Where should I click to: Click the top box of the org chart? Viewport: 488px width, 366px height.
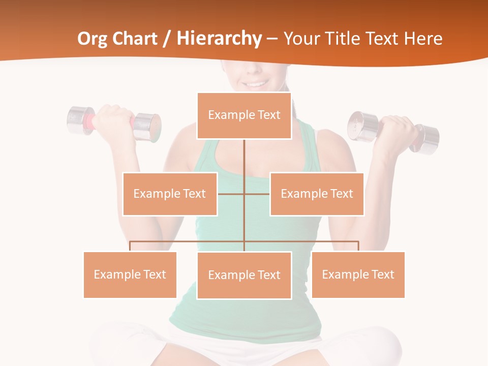[244, 115]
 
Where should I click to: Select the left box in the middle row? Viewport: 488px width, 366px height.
[170, 194]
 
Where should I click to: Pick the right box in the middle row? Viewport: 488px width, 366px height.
[317, 194]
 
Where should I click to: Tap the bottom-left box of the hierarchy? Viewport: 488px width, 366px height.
[130, 274]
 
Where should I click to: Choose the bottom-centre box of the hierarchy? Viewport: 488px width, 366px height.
[244, 275]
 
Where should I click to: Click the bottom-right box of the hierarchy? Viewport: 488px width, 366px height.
[358, 274]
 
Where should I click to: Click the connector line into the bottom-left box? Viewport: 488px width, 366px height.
[130, 246]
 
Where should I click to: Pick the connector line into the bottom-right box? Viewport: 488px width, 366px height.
[358, 246]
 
